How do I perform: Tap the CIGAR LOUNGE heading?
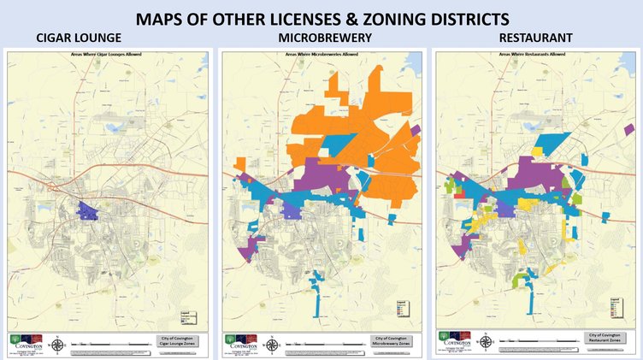(x=79, y=38)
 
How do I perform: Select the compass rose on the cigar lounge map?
(x=57, y=344)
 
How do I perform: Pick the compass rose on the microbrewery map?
(x=272, y=344)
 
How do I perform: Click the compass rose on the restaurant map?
(x=487, y=341)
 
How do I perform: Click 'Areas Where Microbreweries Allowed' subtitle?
(x=321, y=55)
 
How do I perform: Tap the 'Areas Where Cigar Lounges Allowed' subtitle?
(x=107, y=55)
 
